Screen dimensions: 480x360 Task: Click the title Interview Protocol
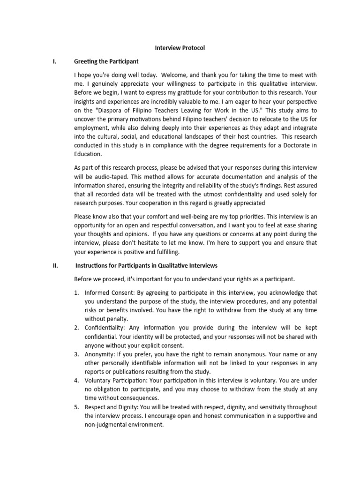click(x=180, y=48)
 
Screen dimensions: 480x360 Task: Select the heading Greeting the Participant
click(x=106, y=61)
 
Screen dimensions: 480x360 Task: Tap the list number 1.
click(x=77, y=293)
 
